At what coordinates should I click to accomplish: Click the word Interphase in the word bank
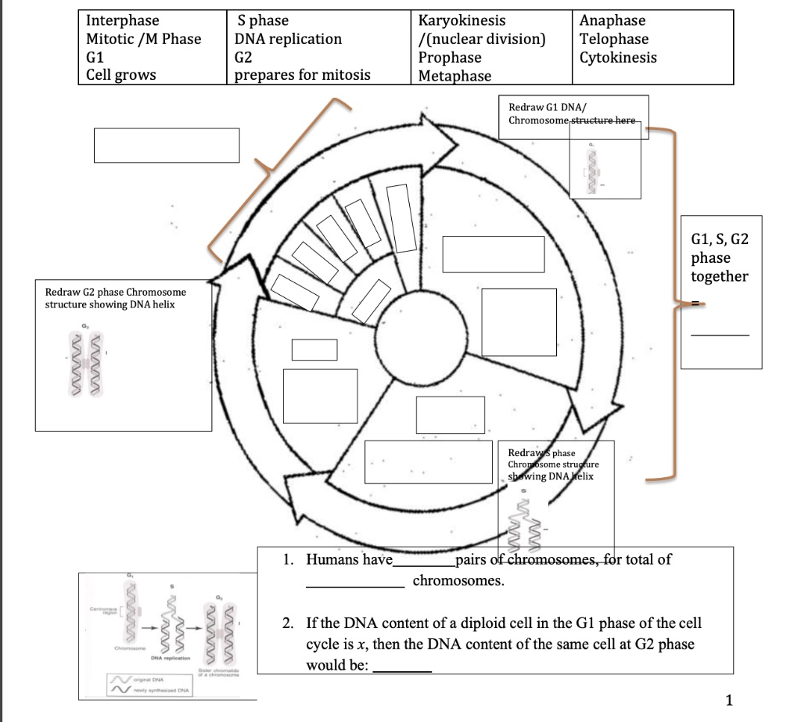pos(122,20)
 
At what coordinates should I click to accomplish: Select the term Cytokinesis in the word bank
pos(618,57)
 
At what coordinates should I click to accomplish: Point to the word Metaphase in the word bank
pos(454,76)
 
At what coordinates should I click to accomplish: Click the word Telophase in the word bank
pos(614,39)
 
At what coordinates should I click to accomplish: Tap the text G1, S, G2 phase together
pos(720,257)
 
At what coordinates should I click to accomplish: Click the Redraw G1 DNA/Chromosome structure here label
pos(573,113)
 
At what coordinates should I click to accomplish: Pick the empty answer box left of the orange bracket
pos(167,145)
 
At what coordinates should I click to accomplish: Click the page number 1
pos(729,700)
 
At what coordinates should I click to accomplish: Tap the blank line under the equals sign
pos(719,335)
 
